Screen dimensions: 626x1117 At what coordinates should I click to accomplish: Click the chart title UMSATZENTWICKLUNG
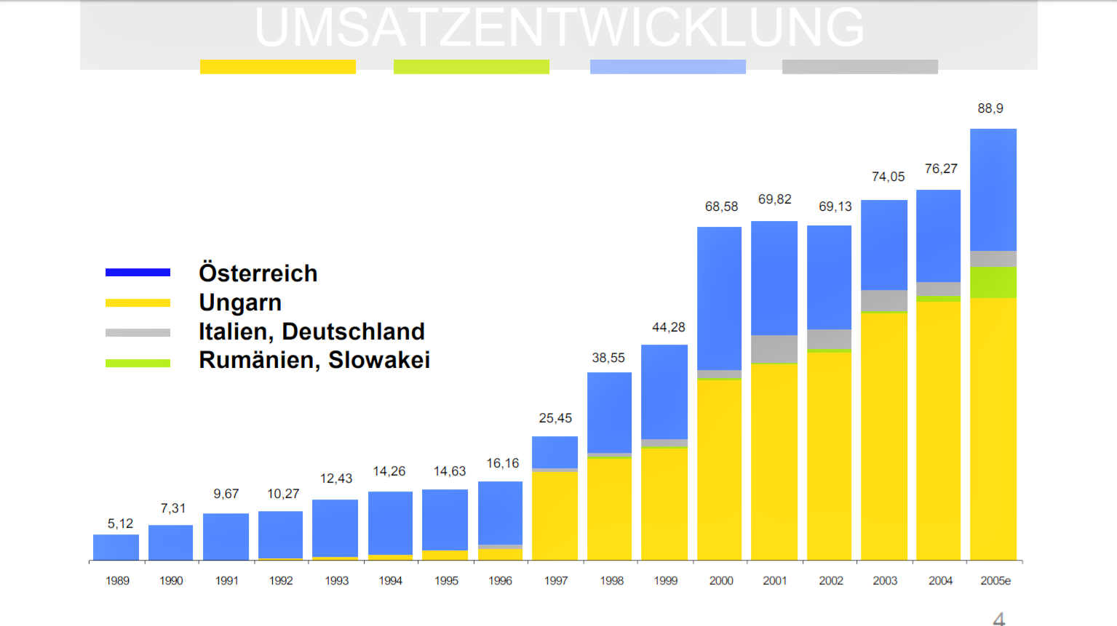point(559,28)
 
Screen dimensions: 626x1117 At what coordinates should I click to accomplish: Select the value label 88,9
point(990,108)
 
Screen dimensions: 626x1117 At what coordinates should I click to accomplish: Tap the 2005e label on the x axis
point(995,581)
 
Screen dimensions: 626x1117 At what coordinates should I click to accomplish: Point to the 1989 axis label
point(117,581)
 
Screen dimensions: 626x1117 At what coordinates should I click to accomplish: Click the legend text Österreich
point(258,273)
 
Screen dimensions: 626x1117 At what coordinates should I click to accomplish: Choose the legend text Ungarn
point(240,302)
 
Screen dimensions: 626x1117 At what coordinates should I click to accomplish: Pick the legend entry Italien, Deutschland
point(311,332)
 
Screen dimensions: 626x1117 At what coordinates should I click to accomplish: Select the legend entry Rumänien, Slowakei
point(314,360)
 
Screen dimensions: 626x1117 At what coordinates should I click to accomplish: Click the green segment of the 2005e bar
point(993,282)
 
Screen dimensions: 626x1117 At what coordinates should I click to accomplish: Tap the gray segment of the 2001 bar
point(774,349)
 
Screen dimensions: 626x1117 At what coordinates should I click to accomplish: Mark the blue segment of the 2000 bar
point(719,298)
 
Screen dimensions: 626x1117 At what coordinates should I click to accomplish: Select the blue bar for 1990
point(170,542)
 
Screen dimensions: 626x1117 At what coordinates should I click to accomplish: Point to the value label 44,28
point(668,327)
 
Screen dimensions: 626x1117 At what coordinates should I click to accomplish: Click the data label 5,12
point(120,523)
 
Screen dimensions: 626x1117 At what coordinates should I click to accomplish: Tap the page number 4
point(999,619)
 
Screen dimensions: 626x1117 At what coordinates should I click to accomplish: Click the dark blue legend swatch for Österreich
point(138,273)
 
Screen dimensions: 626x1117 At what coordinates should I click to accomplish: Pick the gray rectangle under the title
point(859,67)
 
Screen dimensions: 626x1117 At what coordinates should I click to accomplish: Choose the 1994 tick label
point(391,581)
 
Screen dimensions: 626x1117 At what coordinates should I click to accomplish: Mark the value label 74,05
point(888,177)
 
